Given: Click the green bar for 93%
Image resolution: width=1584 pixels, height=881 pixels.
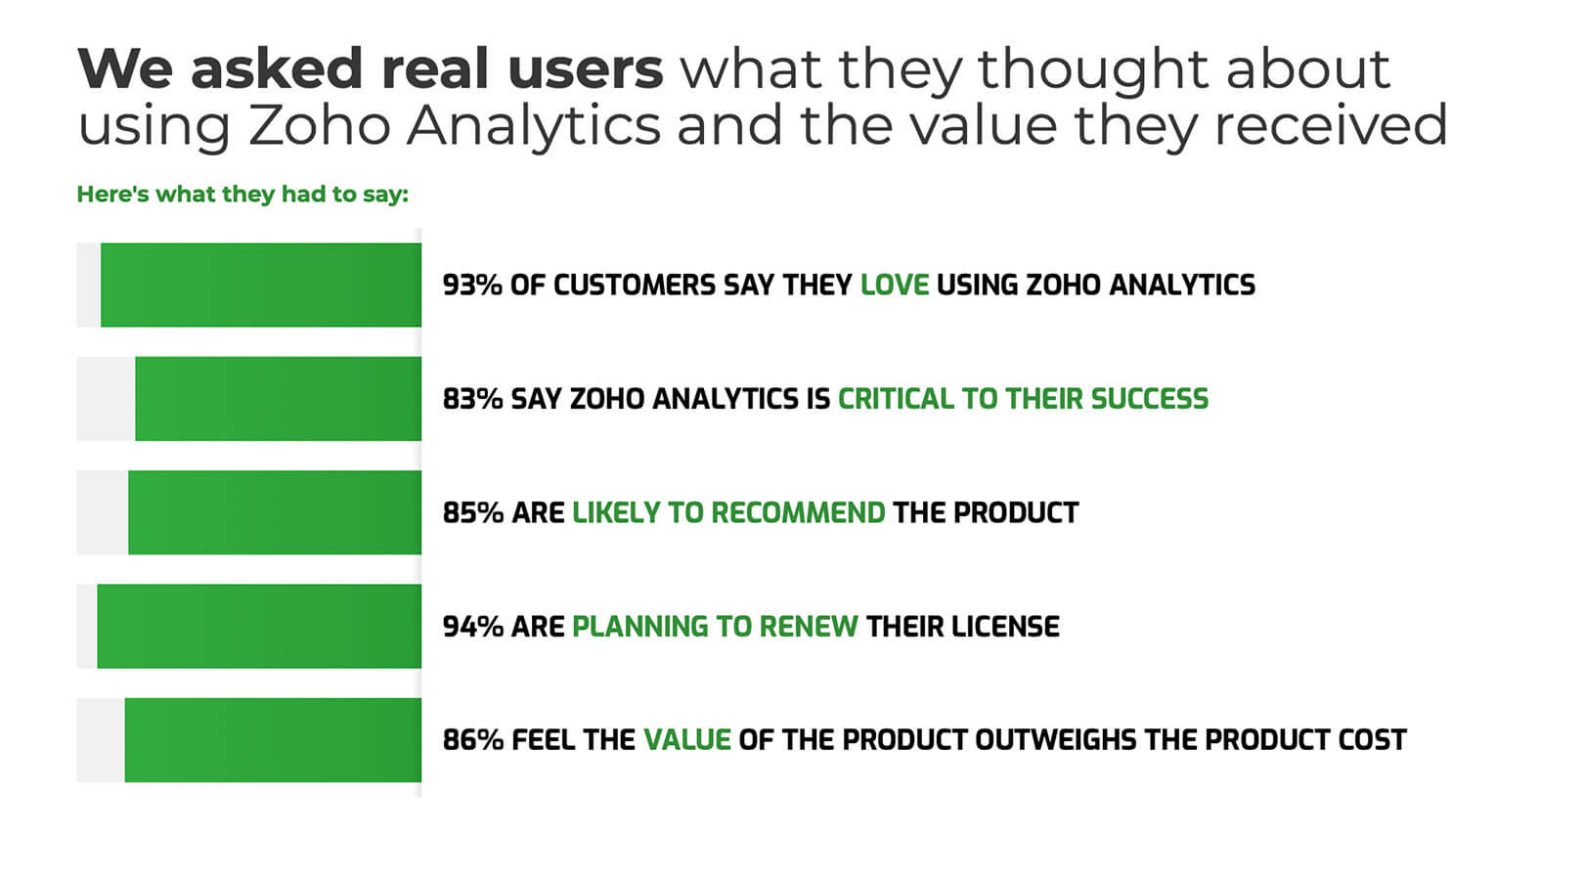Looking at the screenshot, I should [x=261, y=285].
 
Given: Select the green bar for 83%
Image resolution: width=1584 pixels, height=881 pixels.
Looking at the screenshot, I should [x=279, y=398].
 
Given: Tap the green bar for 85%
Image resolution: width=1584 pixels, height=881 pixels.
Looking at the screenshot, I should [x=275, y=512].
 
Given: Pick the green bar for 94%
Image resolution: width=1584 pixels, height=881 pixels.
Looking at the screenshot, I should [x=259, y=626].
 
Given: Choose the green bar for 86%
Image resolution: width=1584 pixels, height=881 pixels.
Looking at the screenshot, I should [x=273, y=739].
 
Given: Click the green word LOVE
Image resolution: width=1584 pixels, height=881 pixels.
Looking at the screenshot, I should [x=894, y=285].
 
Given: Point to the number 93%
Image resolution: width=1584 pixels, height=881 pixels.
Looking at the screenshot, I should [x=472, y=285].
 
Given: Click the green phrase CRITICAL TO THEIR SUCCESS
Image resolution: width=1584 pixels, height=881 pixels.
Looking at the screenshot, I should [x=1023, y=399].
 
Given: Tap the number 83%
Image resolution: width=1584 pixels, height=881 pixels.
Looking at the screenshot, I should [x=472, y=399].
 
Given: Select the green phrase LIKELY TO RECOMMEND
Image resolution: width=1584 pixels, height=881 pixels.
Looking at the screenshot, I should [x=728, y=512].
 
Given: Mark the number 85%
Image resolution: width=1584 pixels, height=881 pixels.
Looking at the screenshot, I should [x=472, y=512].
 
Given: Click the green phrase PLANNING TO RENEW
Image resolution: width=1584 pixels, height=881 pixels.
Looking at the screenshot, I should [x=715, y=626].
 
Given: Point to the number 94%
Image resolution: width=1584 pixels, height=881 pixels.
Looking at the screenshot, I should [x=472, y=626].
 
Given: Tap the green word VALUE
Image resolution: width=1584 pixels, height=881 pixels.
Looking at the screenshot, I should [x=686, y=739].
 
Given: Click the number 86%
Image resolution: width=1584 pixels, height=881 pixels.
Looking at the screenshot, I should [x=472, y=739].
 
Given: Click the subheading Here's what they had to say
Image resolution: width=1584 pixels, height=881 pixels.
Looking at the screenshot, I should [x=242, y=194].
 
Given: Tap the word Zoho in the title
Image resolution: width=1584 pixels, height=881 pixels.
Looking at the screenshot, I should [x=319, y=126].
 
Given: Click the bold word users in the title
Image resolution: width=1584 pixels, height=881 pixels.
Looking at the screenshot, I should [x=585, y=68].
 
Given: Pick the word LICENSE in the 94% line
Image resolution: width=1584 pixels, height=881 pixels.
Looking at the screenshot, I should [x=1011, y=626].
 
